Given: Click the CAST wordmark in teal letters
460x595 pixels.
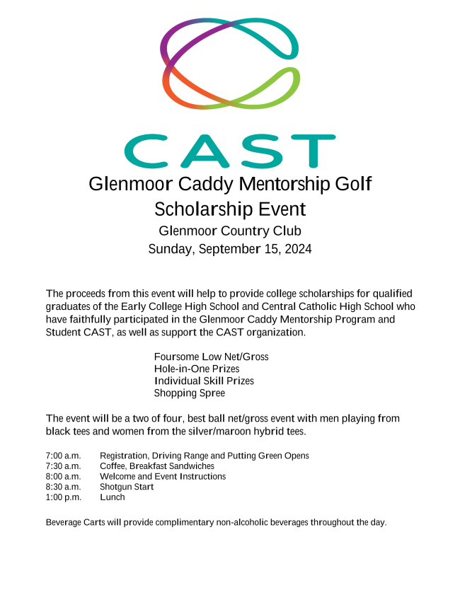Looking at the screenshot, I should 230,151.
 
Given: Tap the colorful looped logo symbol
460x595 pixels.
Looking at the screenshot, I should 230,64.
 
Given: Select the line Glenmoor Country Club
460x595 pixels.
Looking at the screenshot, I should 230,231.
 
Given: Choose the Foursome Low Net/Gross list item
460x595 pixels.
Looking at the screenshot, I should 211,357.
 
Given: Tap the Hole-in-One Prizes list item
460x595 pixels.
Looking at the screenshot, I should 197,369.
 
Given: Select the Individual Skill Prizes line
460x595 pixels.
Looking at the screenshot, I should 204,381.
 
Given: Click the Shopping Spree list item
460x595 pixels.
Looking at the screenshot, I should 190,393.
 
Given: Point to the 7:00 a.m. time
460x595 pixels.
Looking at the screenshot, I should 64,456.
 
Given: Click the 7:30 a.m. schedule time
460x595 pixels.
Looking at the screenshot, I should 64,466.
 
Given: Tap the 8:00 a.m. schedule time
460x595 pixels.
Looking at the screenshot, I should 64,477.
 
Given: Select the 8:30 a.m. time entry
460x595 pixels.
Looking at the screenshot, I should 64,487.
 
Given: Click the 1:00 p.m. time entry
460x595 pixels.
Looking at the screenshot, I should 64,497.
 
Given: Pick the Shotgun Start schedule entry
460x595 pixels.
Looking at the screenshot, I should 127,487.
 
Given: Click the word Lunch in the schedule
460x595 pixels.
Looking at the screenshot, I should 113,497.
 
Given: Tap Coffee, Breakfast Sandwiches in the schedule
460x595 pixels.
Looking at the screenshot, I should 157,466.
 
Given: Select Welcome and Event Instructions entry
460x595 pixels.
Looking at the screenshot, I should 163,477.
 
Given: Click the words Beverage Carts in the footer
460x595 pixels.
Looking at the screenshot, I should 75,522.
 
